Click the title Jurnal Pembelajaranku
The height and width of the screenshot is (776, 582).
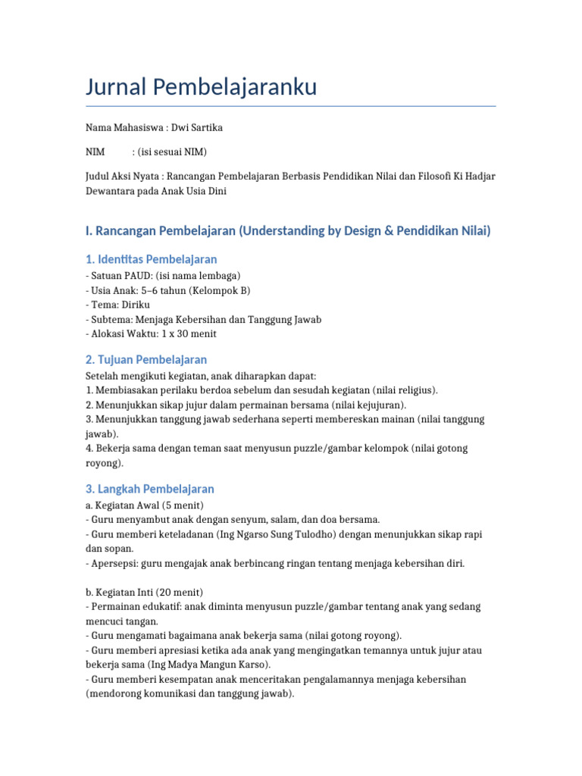(201, 87)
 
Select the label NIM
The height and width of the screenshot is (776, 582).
(95, 152)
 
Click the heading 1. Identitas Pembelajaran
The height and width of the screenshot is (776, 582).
(152, 259)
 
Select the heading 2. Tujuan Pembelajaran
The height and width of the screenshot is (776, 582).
(146, 359)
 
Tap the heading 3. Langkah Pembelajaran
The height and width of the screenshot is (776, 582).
(150, 489)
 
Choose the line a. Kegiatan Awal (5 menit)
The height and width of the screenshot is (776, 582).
(145, 505)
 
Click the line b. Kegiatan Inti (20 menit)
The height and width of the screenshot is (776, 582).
(144, 592)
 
